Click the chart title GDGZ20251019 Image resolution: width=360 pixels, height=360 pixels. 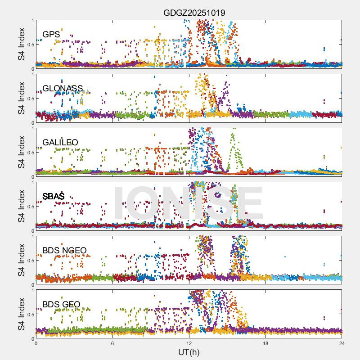pos(194,13)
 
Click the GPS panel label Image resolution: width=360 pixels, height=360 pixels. pos(51,34)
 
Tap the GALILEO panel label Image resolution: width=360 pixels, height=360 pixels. pos(60,142)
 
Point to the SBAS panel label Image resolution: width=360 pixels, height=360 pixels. pos(54,196)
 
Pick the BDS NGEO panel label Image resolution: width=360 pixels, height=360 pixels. pos(64,250)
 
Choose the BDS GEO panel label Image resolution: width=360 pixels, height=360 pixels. pos(61,305)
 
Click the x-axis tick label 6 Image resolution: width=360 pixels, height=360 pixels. pos(112,343)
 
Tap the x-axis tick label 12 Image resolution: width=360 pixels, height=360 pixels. pos(189,343)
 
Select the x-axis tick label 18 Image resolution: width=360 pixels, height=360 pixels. pos(265,343)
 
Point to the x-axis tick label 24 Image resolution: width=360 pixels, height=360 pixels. pos(342,343)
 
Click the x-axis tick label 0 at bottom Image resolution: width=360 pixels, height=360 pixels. pos(36,343)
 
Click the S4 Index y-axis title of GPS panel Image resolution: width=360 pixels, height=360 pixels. pos(22,44)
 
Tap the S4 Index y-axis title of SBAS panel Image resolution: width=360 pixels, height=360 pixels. pos(22,206)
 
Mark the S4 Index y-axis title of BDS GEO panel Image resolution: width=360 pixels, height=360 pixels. pos(22,314)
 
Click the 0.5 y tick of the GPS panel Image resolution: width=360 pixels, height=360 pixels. pos(30,44)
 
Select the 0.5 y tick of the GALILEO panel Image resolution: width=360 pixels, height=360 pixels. pos(30,152)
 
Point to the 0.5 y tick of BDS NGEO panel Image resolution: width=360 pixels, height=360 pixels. pos(30,260)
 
